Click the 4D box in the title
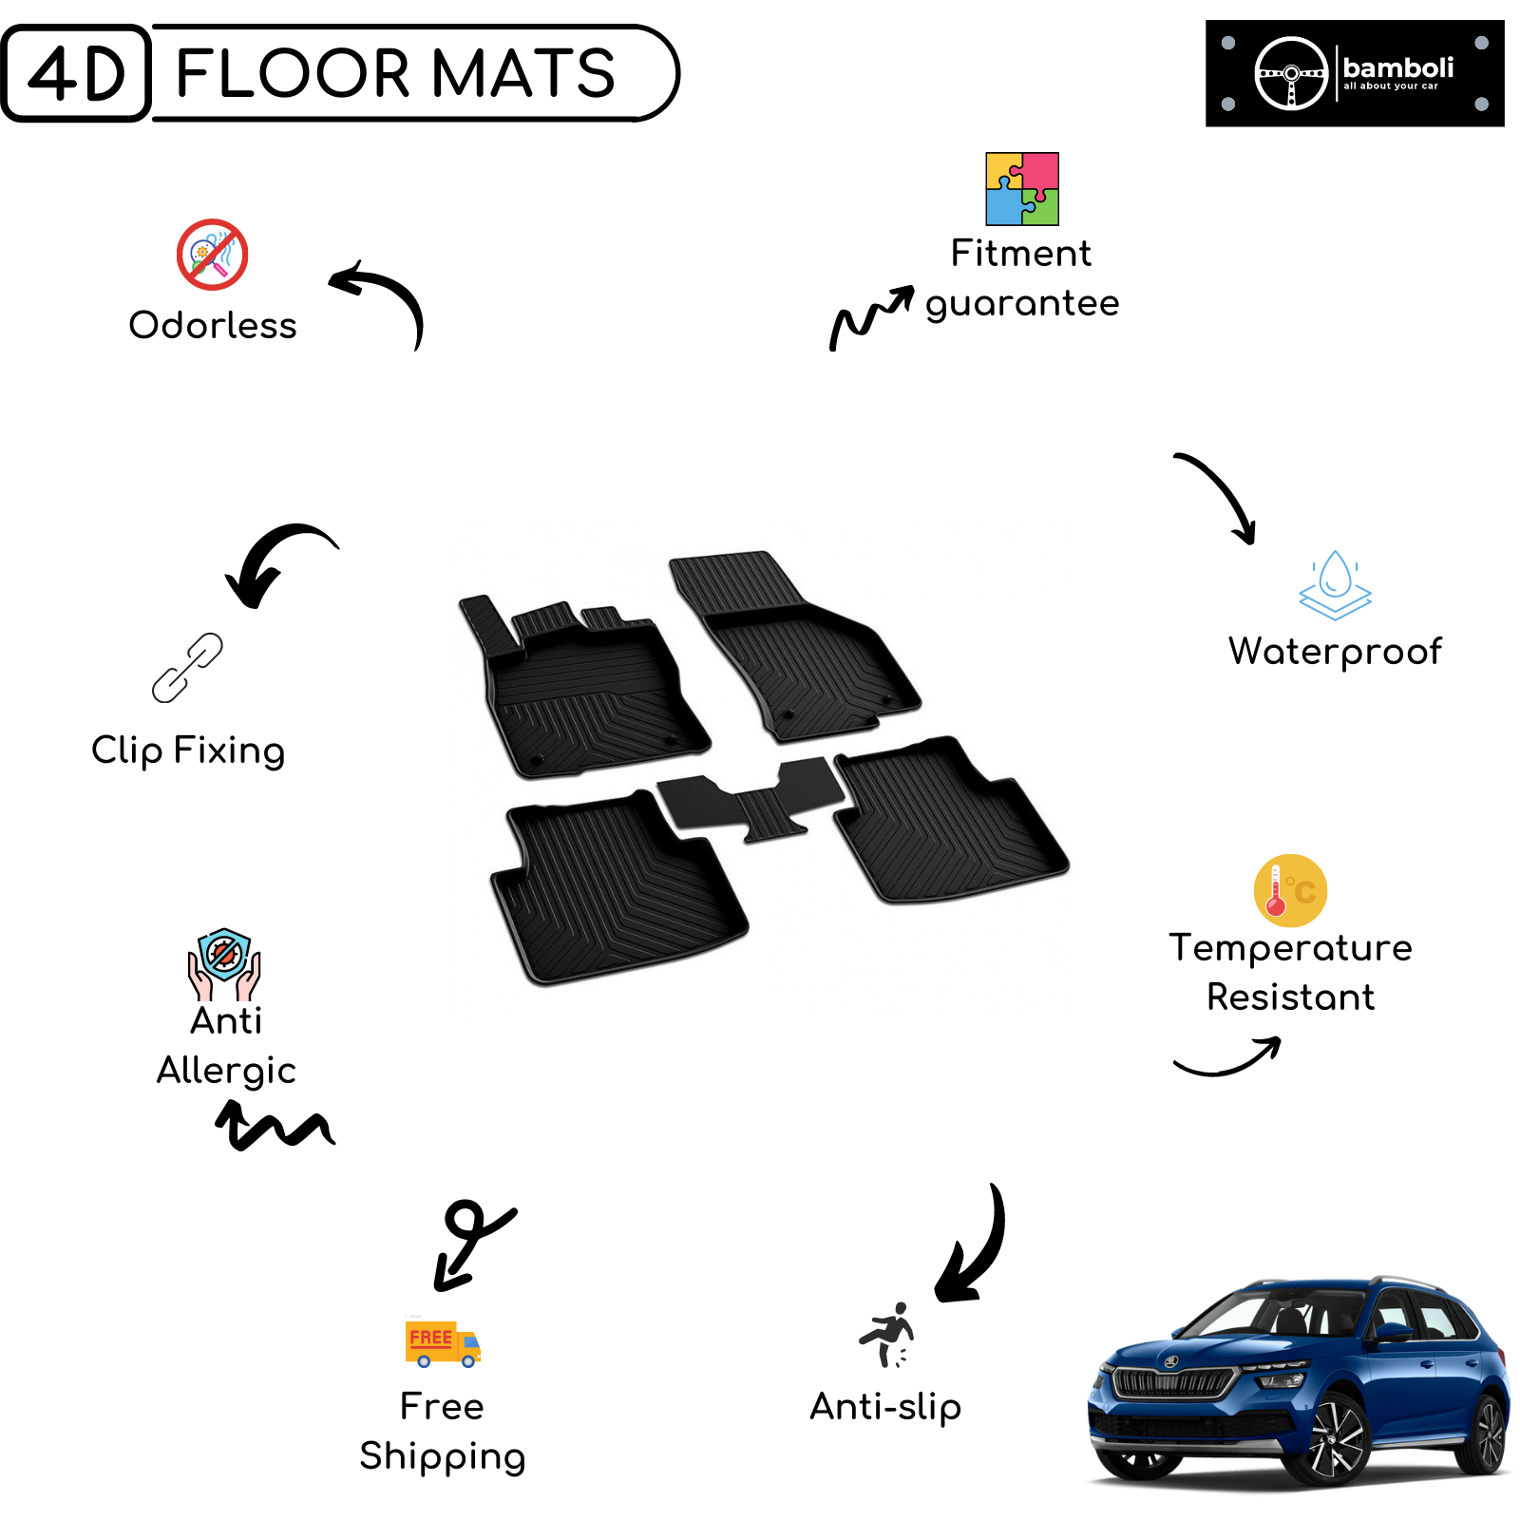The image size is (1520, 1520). tap(76, 73)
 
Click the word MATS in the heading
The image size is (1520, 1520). tap(523, 73)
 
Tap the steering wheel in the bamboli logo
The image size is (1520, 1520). tap(1291, 73)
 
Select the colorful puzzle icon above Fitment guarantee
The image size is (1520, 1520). tap(1022, 189)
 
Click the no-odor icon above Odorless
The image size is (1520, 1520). tap(213, 255)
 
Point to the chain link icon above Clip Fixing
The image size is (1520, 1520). tap(187, 668)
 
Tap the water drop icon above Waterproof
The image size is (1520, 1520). tap(1335, 584)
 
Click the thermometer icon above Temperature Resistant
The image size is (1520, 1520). tap(1290, 890)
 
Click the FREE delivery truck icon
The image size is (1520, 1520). tap(443, 1343)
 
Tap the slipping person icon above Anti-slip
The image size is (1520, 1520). tap(887, 1335)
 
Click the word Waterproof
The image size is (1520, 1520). tap(1335, 653)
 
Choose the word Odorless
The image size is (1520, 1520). tap(213, 325)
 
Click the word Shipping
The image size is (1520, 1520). tap(443, 1456)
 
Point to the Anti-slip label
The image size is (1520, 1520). tap(885, 1407)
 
